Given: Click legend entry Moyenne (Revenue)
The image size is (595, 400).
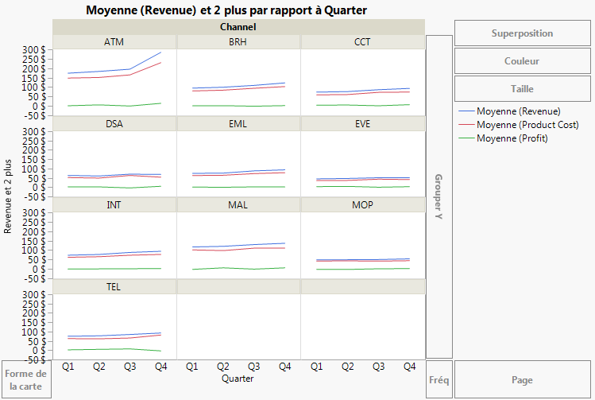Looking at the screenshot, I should [x=518, y=111].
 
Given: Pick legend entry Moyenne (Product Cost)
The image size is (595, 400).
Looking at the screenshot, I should [x=527, y=125].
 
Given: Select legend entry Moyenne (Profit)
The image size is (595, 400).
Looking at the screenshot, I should [x=512, y=138].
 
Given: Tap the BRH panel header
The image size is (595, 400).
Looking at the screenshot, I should [x=238, y=42].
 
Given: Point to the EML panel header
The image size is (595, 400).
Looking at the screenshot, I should [x=238, y=123].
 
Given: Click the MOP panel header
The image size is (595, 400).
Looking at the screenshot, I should [x=361, y=204].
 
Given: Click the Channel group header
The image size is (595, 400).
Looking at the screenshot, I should [x=238, y=27].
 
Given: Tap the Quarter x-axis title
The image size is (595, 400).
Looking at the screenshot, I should [x=238, y=379].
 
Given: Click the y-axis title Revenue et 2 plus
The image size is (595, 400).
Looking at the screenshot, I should [x=9, y=196].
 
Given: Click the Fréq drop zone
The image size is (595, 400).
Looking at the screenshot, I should [x=439, y=380].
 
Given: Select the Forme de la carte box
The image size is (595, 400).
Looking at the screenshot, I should [x=25, y=379].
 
